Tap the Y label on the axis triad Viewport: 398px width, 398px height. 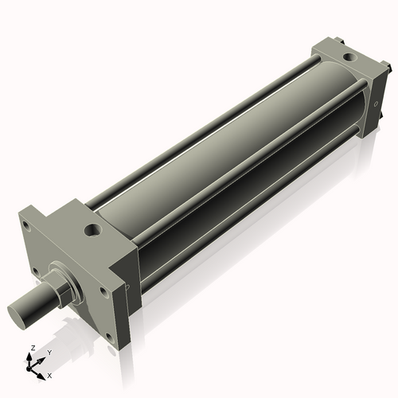pos(49,352)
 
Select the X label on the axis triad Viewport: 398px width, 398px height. pos(49,374)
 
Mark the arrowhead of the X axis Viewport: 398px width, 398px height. pos(43,372)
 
